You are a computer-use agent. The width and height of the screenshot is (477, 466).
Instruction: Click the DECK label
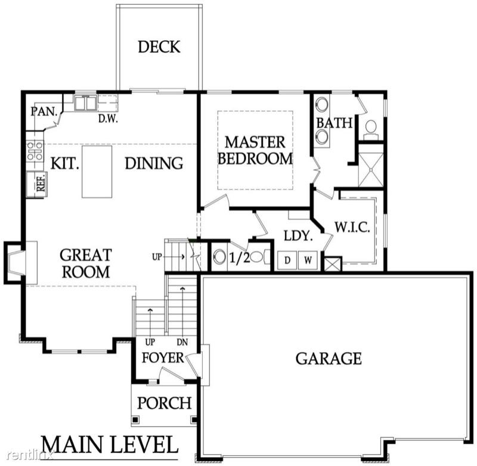159,46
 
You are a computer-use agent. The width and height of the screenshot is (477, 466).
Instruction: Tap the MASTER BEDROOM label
255,151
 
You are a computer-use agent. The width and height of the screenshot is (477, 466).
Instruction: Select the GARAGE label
329,358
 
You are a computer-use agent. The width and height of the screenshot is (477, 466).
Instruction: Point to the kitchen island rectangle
97,172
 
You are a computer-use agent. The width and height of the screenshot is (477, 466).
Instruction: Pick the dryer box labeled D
287,260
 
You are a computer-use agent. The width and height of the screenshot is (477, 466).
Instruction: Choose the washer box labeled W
308,260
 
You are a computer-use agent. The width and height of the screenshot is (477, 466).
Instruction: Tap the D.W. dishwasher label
108,119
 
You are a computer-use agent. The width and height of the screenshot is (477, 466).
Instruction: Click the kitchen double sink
85,102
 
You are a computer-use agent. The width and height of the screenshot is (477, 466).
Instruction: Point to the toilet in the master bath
370,129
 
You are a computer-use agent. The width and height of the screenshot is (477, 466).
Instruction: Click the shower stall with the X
371,170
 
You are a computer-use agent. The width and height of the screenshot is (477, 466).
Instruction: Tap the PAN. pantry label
44,111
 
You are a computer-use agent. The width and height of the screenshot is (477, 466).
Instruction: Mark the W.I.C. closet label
352,227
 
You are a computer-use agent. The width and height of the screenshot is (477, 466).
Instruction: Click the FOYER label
163,358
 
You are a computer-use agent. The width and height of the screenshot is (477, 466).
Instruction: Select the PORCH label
165,403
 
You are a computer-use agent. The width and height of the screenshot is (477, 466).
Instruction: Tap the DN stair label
182,342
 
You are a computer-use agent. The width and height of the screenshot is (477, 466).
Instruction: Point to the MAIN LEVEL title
110,445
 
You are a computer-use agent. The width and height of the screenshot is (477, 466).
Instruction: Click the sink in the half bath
219,256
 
